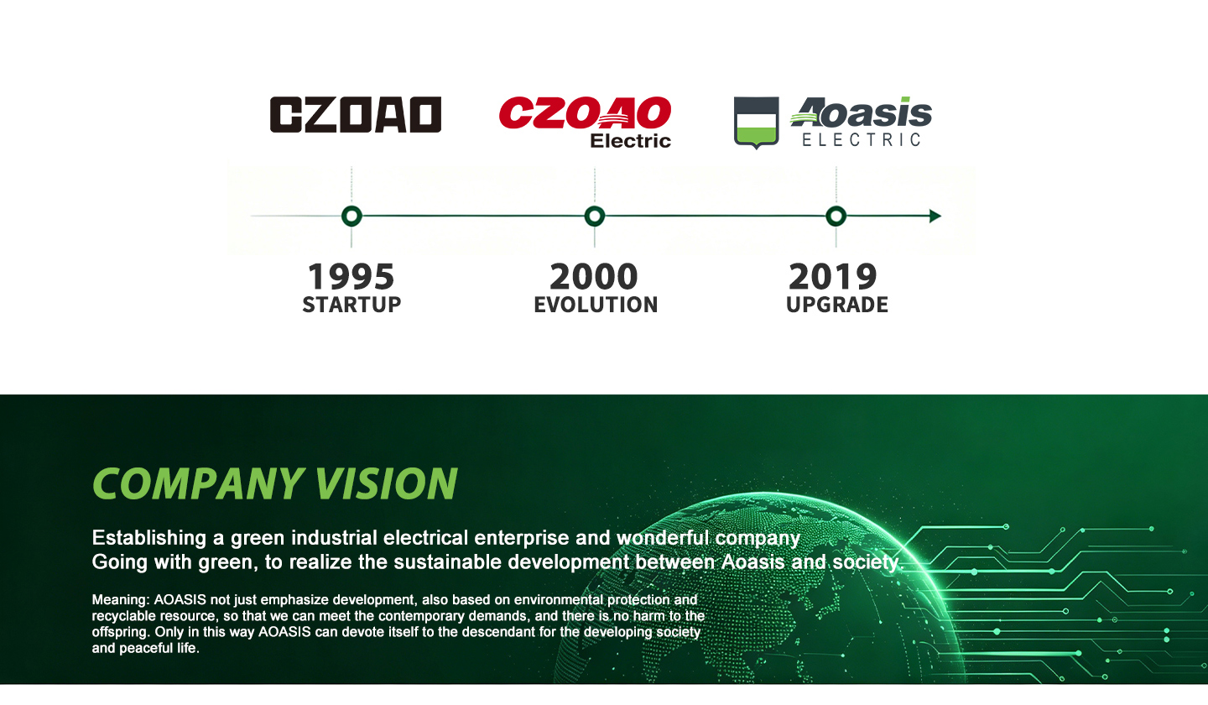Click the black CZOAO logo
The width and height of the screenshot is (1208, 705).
[356, 114]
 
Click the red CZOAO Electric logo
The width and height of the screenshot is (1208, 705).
[586, 122]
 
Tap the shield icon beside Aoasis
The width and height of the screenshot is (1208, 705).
[756, 122]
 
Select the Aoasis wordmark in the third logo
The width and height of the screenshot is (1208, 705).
[862, 112]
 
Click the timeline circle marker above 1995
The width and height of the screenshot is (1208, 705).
[351, 217]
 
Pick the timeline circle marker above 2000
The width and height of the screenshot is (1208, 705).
[594, 217]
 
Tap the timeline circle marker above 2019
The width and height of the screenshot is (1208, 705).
[836, 217]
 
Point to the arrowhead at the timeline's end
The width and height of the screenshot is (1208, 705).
[935, 217]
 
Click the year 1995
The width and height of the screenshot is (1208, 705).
[351, 277]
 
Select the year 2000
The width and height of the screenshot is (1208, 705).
[594, 277]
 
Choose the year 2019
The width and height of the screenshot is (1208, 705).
[833, 277]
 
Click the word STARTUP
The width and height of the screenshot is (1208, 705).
[351, 305]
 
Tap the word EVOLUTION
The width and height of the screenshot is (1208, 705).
[596, 305]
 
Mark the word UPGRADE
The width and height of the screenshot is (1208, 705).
[837, 305]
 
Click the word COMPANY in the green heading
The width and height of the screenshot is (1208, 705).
[198, 483]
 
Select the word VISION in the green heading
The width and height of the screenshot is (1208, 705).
[386, 483]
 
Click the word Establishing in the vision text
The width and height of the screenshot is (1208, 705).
[149, 538]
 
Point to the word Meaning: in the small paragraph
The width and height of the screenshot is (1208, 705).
[121, 600]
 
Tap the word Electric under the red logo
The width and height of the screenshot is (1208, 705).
[631, 141]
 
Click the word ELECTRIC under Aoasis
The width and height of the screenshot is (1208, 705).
[862, 139]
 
